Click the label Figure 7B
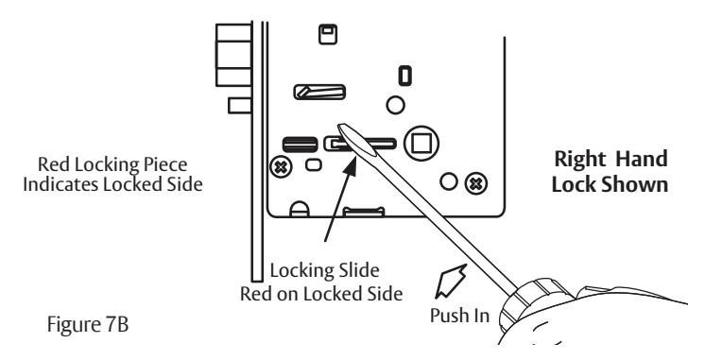point(88,324)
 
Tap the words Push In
point(459,315)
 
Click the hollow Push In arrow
point(451,282)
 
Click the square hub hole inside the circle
point(421,144)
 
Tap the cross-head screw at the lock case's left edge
point(281,168)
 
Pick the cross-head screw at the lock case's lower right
point(475,183)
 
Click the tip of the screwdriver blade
point(340,127)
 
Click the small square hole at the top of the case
point(328,34)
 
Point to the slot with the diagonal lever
point(319,93)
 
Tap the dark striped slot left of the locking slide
point(300,145)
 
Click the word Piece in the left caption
point(165,165)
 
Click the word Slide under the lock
point(356,270)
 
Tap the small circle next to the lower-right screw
point(449,182)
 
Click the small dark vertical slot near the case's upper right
point(405,76)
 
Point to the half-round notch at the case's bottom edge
point(300,210)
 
